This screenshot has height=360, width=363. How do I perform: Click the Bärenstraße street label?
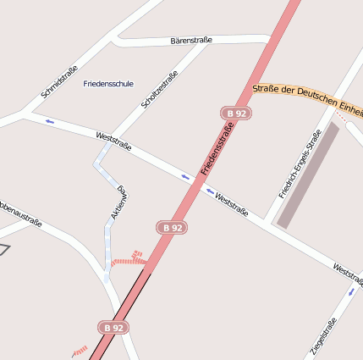click(191, 40)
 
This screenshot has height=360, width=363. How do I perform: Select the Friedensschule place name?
click(109, 84)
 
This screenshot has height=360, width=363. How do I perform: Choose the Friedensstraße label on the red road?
click(216, 149)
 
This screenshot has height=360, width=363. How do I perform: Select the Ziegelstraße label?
click(323, 337)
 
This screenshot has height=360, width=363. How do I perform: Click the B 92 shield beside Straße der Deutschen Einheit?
click(236, 113)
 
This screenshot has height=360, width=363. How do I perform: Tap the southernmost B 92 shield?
click(114, 327)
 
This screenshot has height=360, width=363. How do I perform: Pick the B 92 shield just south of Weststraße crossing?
click(172, 227)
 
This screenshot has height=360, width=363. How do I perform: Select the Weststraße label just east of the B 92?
click(232, 204)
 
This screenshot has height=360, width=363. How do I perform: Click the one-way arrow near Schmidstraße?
click(49, 122)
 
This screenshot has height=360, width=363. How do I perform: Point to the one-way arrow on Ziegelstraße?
click(351, 291)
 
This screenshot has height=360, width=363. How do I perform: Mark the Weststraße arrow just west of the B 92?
click(185, 177)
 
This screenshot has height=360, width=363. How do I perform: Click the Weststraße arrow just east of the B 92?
click(210, 191)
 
